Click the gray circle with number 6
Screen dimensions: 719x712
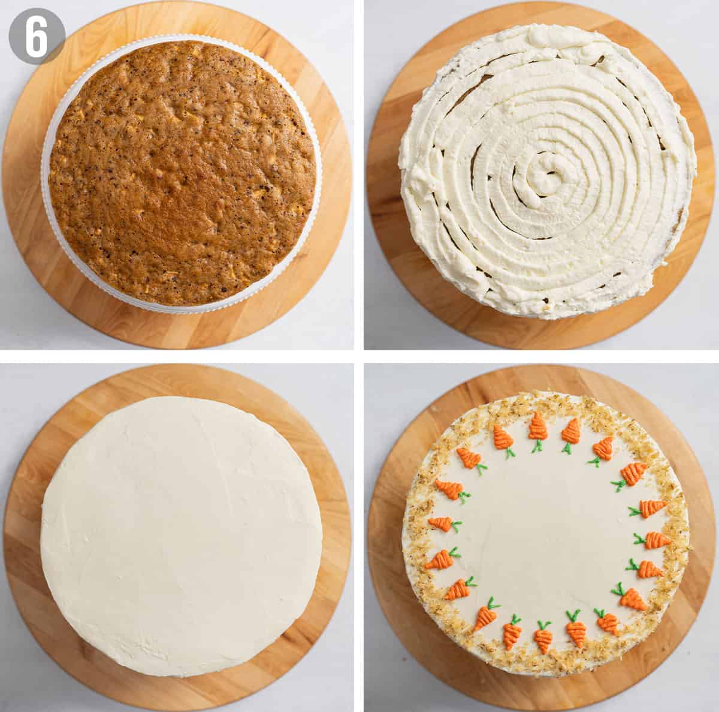pyautogui.click(x=37, y=36)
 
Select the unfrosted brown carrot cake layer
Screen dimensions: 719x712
pyautogui.click(x=183, y=173)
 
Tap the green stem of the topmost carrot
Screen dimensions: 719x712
pyautogui.click(x=537, y=446)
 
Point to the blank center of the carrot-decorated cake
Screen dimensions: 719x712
pyautogui.click(x=545, y=530)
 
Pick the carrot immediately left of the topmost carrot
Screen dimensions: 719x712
pyautogui.click(x=502, y=437)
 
